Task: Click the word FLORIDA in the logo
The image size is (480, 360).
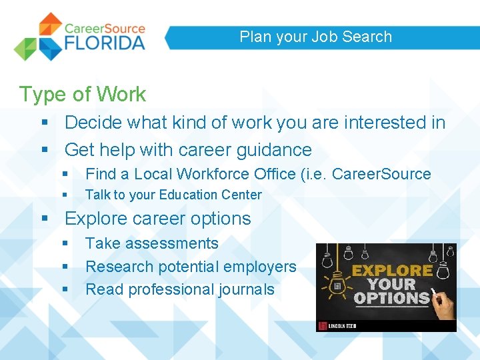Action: [105, 43]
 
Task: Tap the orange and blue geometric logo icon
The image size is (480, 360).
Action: [39, 37]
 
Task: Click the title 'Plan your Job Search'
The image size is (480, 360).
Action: [315, 37]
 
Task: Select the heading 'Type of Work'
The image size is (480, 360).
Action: [83, 94]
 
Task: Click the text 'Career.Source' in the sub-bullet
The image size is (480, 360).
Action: [381, 174]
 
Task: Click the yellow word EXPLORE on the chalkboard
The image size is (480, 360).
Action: [392, 271]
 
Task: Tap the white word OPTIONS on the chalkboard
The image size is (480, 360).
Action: [391, 297]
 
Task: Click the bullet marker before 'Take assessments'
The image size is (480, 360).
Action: [65, 244]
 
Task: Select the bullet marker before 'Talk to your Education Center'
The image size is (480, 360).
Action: [65, 195]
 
